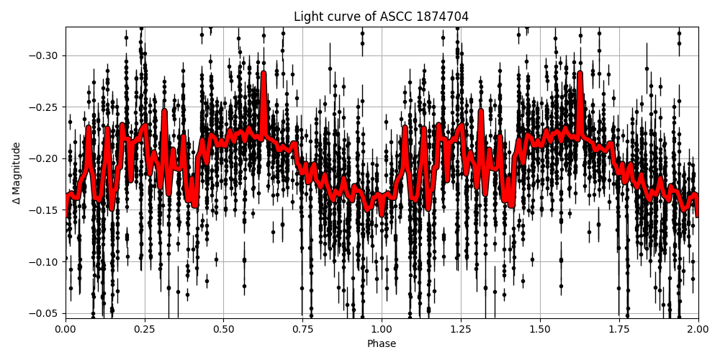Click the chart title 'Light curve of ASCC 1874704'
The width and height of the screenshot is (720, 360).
[381, 17]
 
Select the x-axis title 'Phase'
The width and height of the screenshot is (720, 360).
[381, 344]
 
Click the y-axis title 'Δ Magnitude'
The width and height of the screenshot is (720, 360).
[17, 173]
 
